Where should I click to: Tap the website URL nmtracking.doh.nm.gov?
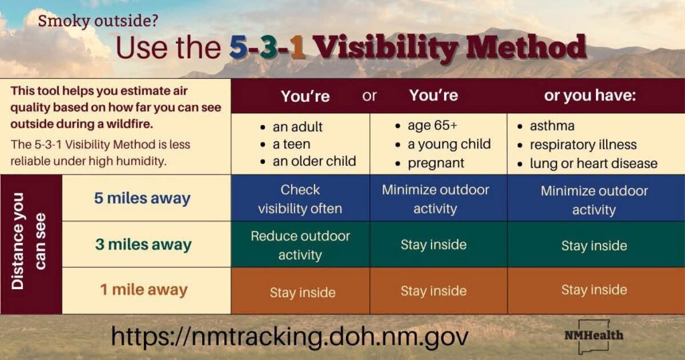coord(290,337)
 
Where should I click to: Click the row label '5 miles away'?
coord(142,198)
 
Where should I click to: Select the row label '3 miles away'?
coord(143,244)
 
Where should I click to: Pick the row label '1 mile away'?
coord(144,290)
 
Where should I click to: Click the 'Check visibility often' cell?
coord(300,199)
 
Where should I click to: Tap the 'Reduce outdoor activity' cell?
coord(300,245)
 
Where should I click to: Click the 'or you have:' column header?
coord(590,96)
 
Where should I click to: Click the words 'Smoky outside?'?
coord(98,21)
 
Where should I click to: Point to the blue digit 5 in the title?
coord(238,48)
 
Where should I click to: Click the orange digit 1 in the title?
coord(297,48)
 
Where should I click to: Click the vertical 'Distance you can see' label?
coord(29,241)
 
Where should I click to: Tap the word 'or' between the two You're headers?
coord(369,96)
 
